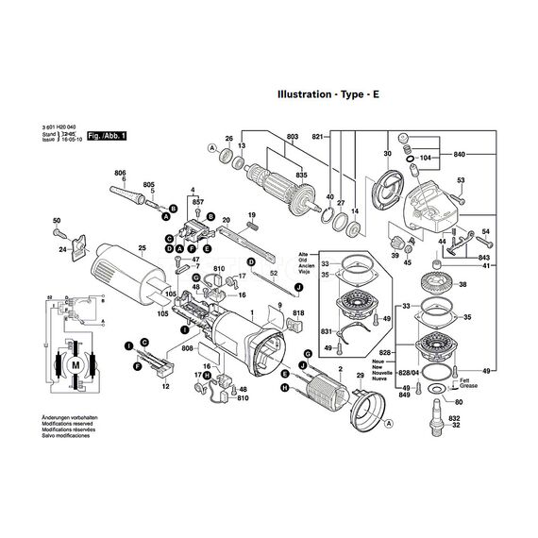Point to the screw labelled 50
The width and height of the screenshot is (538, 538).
point(59,230)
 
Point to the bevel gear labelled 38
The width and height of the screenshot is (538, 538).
point(437,284)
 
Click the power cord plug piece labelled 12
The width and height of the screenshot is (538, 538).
point(155,361)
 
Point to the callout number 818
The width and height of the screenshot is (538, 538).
point(298,312)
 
